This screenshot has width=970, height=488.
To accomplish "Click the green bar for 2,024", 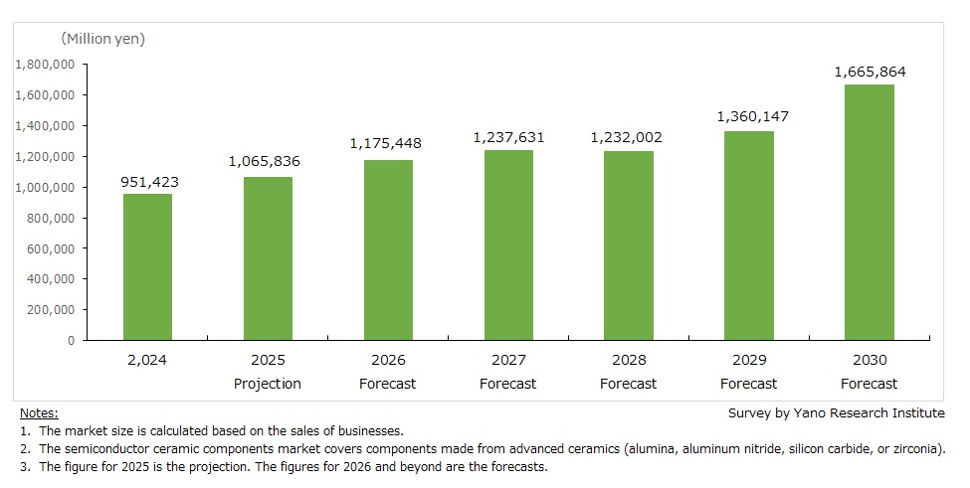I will tap(147, 266).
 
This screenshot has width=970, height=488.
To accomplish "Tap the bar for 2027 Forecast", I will tap(508, 244).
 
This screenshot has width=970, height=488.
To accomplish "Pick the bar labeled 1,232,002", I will tap(629, 245).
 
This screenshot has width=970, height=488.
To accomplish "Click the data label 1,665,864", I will tap(870, 72).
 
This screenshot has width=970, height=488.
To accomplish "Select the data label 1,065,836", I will tap(268, 162).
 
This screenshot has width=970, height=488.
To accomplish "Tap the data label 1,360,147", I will tap(749, 116).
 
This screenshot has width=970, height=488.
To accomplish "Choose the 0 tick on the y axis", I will tap(70, 341).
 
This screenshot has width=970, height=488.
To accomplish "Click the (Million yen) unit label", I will tap(103, 39).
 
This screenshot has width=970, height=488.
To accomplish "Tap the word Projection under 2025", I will tap(268, 384).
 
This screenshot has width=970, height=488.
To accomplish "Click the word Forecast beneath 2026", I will tap(388, 384).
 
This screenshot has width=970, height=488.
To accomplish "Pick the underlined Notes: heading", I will tap(39, 412).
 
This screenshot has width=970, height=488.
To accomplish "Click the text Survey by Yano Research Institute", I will tap(837, 412).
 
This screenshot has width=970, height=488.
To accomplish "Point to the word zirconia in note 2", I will tap(916, 448).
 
